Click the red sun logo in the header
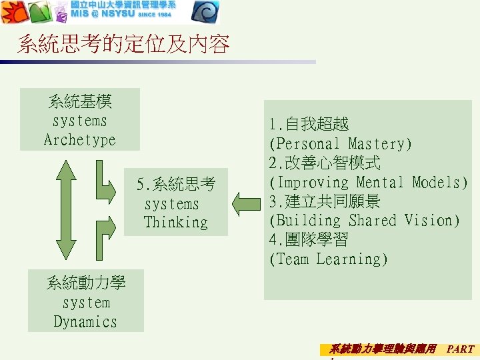pyautogui.click(x=13, y=12)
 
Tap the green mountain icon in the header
pyautogui.click(x=38, y=12)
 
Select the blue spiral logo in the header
pyautogui.click(x=205, y=12)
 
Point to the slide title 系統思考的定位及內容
pyautogui.click(x=123, y=45)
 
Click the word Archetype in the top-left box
pyautogui.click(x=79, y=140)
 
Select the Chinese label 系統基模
pyautogui.click(x=80, y=102)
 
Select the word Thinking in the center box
pyautogui.click(x=175, y=223)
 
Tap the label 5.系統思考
pyautogui.click(x=176, y=184)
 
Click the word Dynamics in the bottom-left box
pyautogui.click(x=85, y=321)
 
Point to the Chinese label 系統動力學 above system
pyautogui.click(x=85, y=283)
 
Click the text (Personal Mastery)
pyautogui.click(x=340, y=144)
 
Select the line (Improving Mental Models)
pyautogui.click(x=368, y=183)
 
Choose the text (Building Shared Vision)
pyautogui.click(x=364, y=221)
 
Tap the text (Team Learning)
pyautogui.click(x=328, y=259)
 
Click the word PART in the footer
pyautogui.click(x=460, y=349)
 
